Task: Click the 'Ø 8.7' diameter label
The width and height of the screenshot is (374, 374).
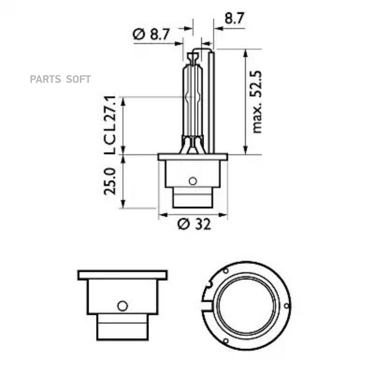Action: click(x=152, y=34)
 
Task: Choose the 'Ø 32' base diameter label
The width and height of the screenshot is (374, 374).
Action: click(x=194, y=224)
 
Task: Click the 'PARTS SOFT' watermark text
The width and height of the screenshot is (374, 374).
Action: click(x=60, y=79)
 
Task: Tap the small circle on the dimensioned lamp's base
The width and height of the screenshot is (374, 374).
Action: click(x=192, y=181)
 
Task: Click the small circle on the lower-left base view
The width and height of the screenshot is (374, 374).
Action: click(x=122, y=306)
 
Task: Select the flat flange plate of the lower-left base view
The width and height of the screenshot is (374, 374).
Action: click(x=123, y=275)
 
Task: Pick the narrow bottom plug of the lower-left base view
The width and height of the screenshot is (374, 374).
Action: click(x=122, y=327)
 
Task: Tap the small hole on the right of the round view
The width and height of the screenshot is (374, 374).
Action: click(x=286, y=305)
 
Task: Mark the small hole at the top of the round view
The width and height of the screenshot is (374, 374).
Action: click(x=225, y=271)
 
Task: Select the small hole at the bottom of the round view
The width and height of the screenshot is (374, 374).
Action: click(x=225, y=341)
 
